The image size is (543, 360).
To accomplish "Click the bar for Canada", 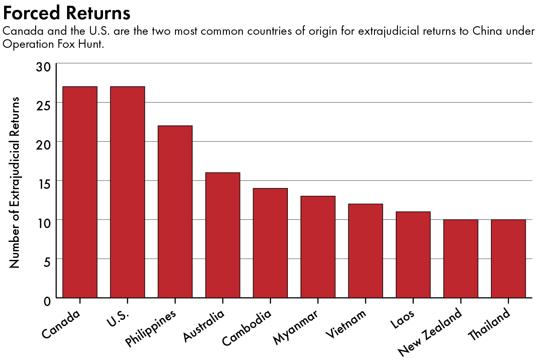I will coord(80,192).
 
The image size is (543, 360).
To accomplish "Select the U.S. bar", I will coord(127,192).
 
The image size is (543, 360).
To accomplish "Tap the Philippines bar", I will coord(175,212).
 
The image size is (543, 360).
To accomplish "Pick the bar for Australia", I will coord(222,235).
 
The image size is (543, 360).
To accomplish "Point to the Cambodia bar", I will coord(270,243).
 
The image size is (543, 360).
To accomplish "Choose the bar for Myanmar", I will coord(318,247).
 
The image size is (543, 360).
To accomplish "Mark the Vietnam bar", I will coord(366,250).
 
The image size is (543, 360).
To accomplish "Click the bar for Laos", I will coord(413,255).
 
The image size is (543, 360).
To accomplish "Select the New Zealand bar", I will coord(461,258).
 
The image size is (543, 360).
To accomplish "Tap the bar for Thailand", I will coord(508,258).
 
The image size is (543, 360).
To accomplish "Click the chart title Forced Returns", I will coord(67,13).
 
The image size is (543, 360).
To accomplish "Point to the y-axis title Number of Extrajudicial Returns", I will coord(15,182).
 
